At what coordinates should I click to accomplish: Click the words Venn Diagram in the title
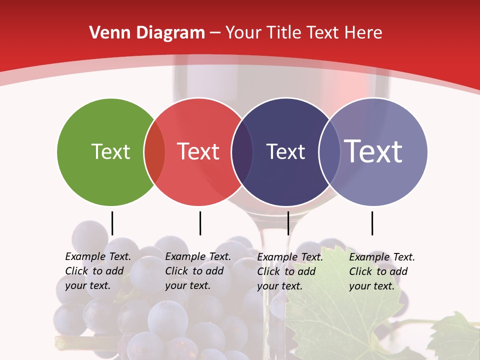147,33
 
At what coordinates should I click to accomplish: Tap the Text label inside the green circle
110,151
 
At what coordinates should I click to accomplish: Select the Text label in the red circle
198,151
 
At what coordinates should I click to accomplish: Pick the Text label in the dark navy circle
285,151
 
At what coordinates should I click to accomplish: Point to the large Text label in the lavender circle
373,151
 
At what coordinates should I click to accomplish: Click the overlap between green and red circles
154,151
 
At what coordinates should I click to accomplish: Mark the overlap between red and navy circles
242,151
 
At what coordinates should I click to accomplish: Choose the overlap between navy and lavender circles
329,151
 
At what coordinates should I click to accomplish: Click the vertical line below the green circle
112,223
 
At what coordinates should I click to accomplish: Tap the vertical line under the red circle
200,223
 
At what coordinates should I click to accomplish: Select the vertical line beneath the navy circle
288,223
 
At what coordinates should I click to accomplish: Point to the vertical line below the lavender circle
372,223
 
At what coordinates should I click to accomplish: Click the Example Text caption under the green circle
97,271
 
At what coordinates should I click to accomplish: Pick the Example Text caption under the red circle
197,271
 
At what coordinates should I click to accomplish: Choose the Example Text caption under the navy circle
289,271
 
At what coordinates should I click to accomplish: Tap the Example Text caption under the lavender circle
381,271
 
